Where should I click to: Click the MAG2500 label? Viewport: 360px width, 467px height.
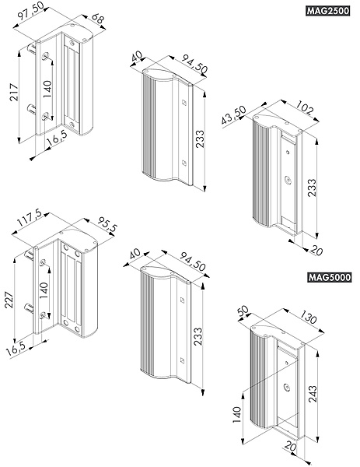327,11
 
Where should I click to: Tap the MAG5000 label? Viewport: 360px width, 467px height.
330,278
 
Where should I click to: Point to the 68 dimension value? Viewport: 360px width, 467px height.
98,19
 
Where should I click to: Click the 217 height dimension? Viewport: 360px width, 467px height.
14,92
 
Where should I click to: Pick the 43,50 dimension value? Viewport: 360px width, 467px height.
234,115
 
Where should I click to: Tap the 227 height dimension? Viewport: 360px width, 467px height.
9,300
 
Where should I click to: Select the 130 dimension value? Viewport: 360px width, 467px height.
308,318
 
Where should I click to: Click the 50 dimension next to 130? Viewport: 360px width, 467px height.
243,311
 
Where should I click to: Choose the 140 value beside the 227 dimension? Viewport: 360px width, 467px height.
44,290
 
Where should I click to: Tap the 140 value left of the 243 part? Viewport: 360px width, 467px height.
237,415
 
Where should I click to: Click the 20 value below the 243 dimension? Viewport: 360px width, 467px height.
292,447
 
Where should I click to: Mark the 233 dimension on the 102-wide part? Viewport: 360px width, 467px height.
312,188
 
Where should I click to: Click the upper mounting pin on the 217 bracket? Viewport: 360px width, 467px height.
32,48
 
